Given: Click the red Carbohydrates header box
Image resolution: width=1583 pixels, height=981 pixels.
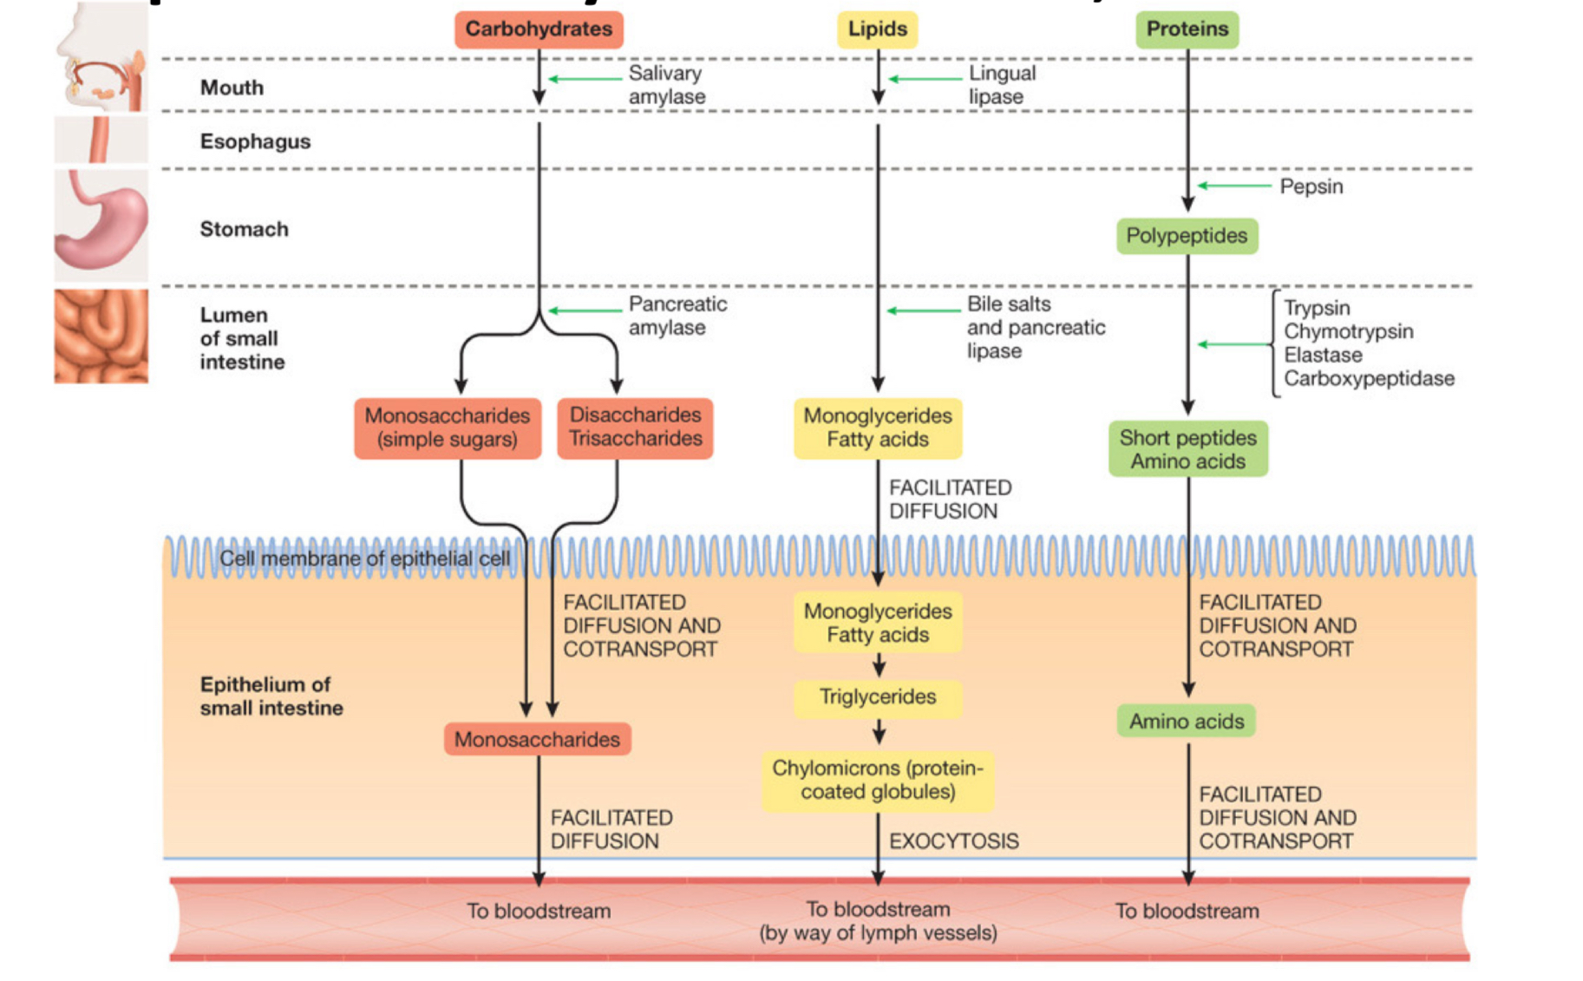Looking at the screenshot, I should tap(539, 29).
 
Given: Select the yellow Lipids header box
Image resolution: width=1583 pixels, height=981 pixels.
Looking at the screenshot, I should tap(877, 29).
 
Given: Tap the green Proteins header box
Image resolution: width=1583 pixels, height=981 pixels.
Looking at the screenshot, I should tap(1187, 29).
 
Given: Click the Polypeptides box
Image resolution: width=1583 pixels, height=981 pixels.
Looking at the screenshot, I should tap(1186, 236).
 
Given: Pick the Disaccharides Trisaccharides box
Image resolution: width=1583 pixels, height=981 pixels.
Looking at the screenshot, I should tap(635, 427).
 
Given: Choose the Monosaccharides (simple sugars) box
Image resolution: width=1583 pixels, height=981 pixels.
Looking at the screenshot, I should tap(447, 427).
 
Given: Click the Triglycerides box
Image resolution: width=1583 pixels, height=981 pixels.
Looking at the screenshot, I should tap(878, 697).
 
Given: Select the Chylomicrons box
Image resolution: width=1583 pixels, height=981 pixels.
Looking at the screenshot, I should tap(878, 780).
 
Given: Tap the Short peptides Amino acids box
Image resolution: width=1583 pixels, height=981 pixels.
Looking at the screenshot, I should tap(1187, 449).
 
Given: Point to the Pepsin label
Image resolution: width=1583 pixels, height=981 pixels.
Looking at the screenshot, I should tap(1311, 186).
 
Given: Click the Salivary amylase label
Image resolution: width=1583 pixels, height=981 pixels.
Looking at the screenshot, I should tap(666, 85).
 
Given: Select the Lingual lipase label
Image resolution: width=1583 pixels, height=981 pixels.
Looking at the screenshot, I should tap(1001, 85).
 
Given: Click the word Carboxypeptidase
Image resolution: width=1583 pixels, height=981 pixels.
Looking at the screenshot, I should tap(1369, 379).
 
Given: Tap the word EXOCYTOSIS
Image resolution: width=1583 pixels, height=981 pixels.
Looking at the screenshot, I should tap(953, 841).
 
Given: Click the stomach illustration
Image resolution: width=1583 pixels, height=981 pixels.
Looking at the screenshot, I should tap(101, 225).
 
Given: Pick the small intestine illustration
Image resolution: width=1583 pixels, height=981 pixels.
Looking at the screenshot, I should tap(101, 337).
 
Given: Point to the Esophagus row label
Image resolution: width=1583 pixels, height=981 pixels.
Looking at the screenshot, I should tap(255, 141).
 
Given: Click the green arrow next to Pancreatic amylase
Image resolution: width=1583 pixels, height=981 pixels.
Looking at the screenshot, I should tap(585, 311).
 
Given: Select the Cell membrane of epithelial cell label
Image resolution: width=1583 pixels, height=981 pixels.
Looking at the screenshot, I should tap(364, 559).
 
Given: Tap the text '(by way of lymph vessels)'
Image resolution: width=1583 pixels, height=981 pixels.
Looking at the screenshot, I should tap(878, 933).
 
